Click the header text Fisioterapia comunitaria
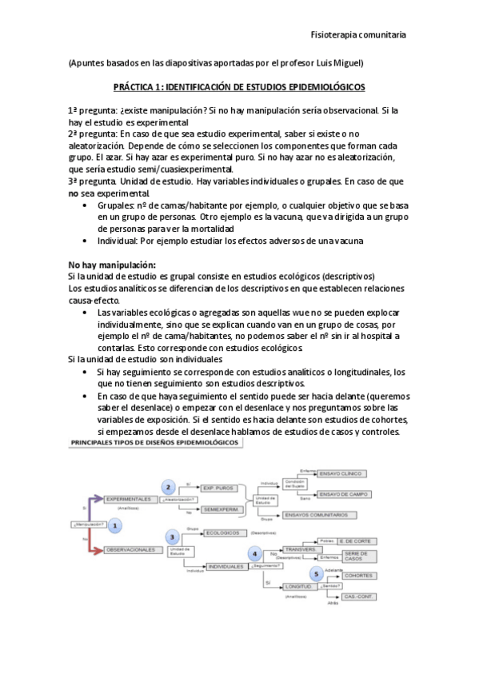coord(357,35)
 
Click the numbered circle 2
coord(169,487)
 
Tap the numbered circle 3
coord(171,536)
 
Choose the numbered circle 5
coord(317,574)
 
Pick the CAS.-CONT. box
coord(357,596)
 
